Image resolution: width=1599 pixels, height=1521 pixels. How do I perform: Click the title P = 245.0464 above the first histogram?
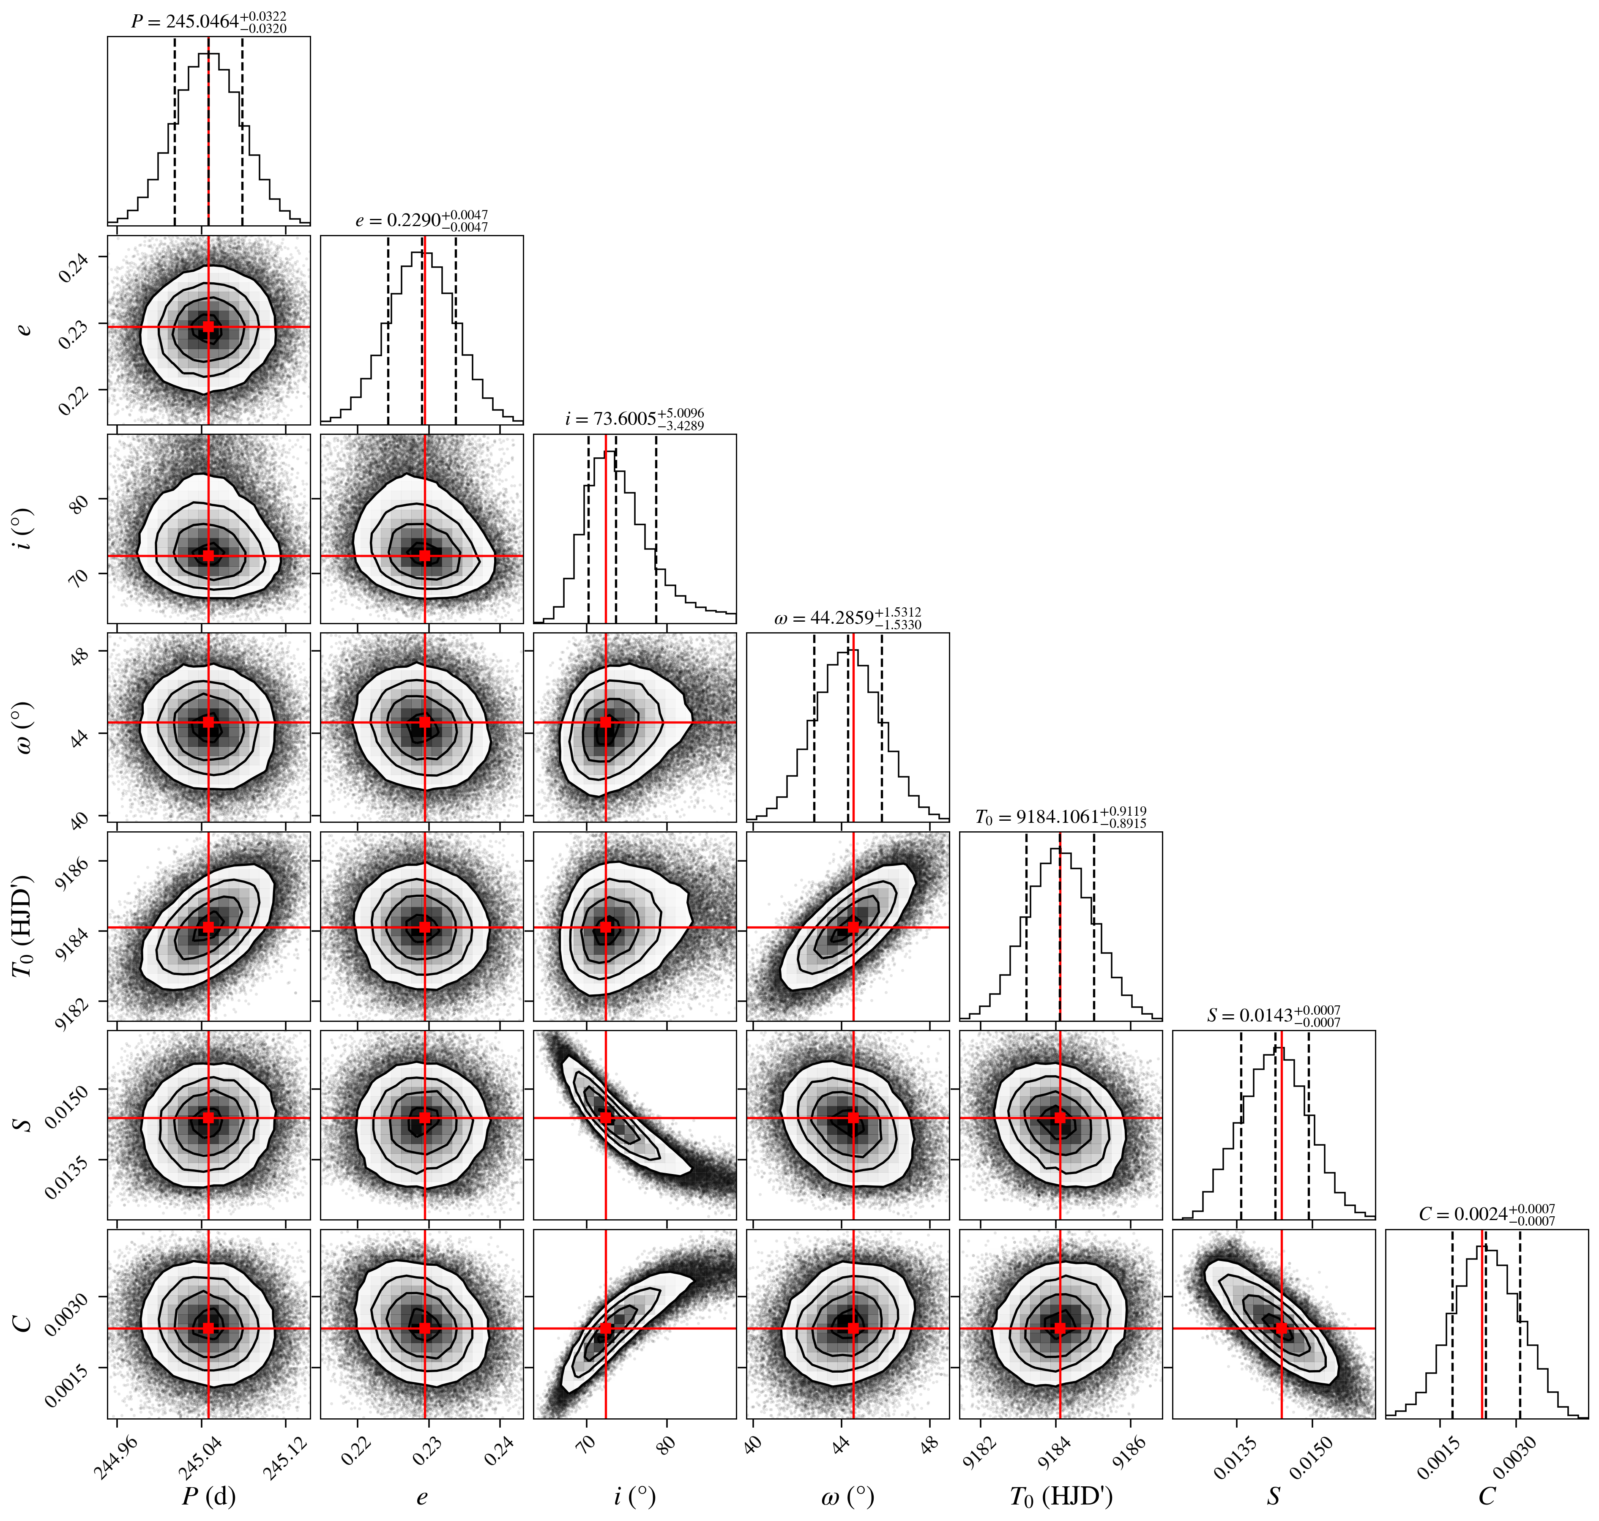coord(209,22)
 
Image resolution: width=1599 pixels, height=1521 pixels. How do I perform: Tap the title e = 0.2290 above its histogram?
coord(422,221)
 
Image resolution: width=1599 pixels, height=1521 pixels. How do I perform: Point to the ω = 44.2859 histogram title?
coord(847,618)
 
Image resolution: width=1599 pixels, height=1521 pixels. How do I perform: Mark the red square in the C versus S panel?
coord(1281,1328)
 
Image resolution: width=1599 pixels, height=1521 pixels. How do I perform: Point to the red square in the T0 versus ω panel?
coord(853,927)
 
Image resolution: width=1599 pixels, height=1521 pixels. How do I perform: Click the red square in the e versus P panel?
coord(208,327)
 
